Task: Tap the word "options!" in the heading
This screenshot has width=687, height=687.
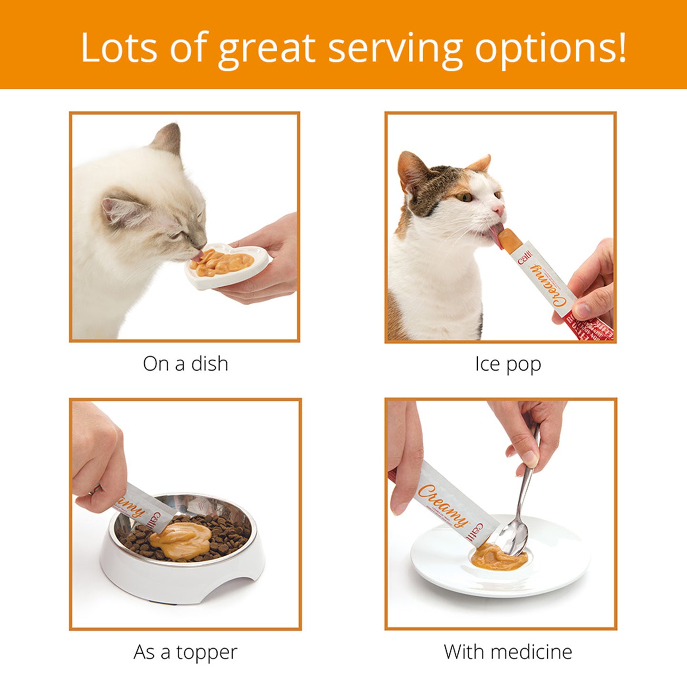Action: click(551, 48)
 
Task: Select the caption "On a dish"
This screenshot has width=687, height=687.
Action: click(185, 364)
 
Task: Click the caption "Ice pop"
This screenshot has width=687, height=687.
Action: click(508, 365)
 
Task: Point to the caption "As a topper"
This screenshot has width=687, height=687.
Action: click(185, 652)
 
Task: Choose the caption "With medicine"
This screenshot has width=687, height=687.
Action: click(508, 652)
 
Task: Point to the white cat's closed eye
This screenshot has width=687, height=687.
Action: click(177, 234)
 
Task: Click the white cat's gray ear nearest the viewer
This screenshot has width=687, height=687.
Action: click(119, 209)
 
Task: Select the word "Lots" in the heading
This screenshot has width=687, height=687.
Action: click(119, 48)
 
